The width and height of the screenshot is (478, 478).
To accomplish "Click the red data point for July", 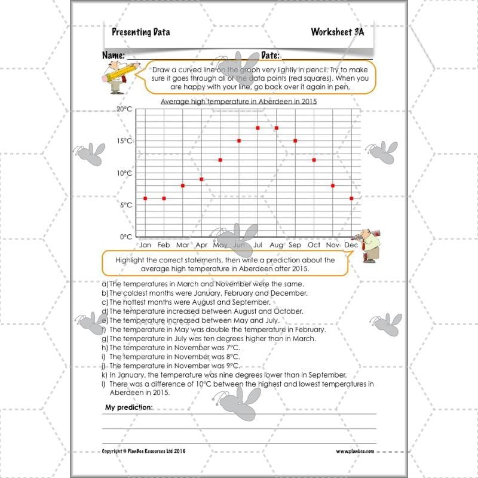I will point(258,128).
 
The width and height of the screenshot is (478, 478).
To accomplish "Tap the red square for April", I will point(202,179).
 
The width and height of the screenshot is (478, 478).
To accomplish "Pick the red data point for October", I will point(314,160).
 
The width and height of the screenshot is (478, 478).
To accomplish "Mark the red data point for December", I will point(351,198).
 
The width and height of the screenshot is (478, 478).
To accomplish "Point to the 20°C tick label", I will point(124,109).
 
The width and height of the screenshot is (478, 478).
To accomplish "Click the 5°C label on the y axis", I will point(125,205).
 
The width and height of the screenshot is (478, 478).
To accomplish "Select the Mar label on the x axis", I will point(183,245).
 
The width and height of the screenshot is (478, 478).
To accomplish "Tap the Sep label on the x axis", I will point(295,245).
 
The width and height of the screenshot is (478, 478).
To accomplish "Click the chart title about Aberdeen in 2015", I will point(238,102).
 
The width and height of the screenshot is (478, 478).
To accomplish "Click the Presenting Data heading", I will point(140,32).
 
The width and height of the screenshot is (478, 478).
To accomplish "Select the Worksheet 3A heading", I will point(337,32).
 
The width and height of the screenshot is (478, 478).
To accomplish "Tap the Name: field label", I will point(114,55).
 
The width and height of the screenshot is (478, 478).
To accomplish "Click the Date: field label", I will point(270,55).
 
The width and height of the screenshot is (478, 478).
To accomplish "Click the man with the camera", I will point(369,244).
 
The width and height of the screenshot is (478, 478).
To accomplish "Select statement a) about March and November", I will point(203,284).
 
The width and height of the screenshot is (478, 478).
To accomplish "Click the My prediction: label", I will point(128,407).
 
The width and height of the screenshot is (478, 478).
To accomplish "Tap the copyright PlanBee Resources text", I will point(143,451).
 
